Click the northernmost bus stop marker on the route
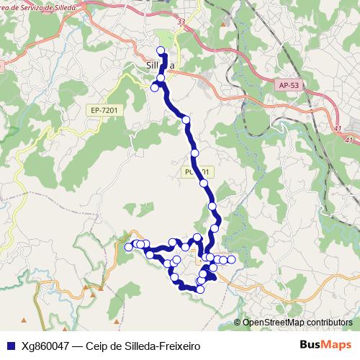click(x=161, y=50)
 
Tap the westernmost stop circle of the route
click(x=129, y=247)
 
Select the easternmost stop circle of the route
click(x=231, y=259)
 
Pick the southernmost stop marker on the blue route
click(x=201, y=289)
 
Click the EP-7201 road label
click(x=104, y=109)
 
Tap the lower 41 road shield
click(x=350, y=140)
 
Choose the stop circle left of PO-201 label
click(x=194, y=153)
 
